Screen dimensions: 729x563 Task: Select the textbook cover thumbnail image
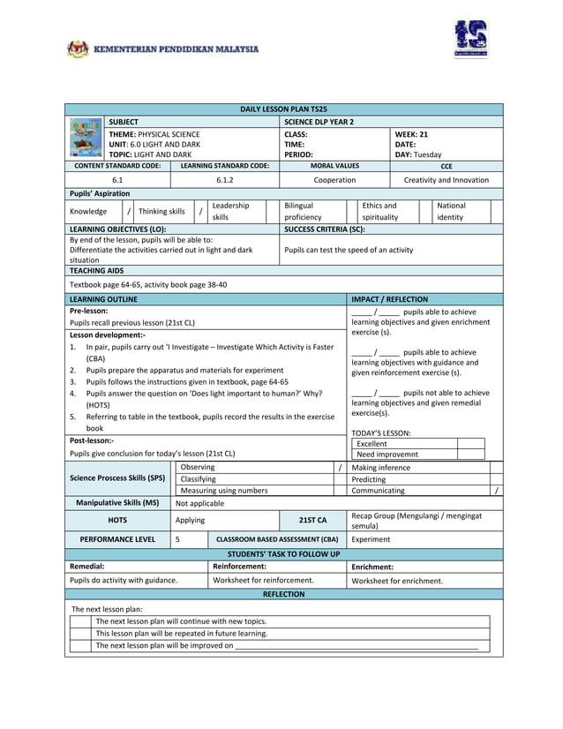click(x=86, y=138)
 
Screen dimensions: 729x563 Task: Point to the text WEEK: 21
click(x=412, y=133)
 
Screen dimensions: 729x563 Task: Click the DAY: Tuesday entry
click(x=418, y=154)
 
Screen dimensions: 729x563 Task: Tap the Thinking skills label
click(x=161, y=212)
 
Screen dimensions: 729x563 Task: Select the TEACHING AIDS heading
click(x=97, y=271)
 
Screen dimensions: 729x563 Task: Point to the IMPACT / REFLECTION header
click(x=390, y=300)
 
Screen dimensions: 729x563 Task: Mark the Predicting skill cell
click(x=369, y=478)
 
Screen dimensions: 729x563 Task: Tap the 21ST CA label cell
click(x=312, y=520)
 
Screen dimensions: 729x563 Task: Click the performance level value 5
click(x=178, y=537)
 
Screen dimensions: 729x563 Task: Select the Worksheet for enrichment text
click(x=397, y=581)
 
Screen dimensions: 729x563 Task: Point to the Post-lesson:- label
click(x=92, y=440)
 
